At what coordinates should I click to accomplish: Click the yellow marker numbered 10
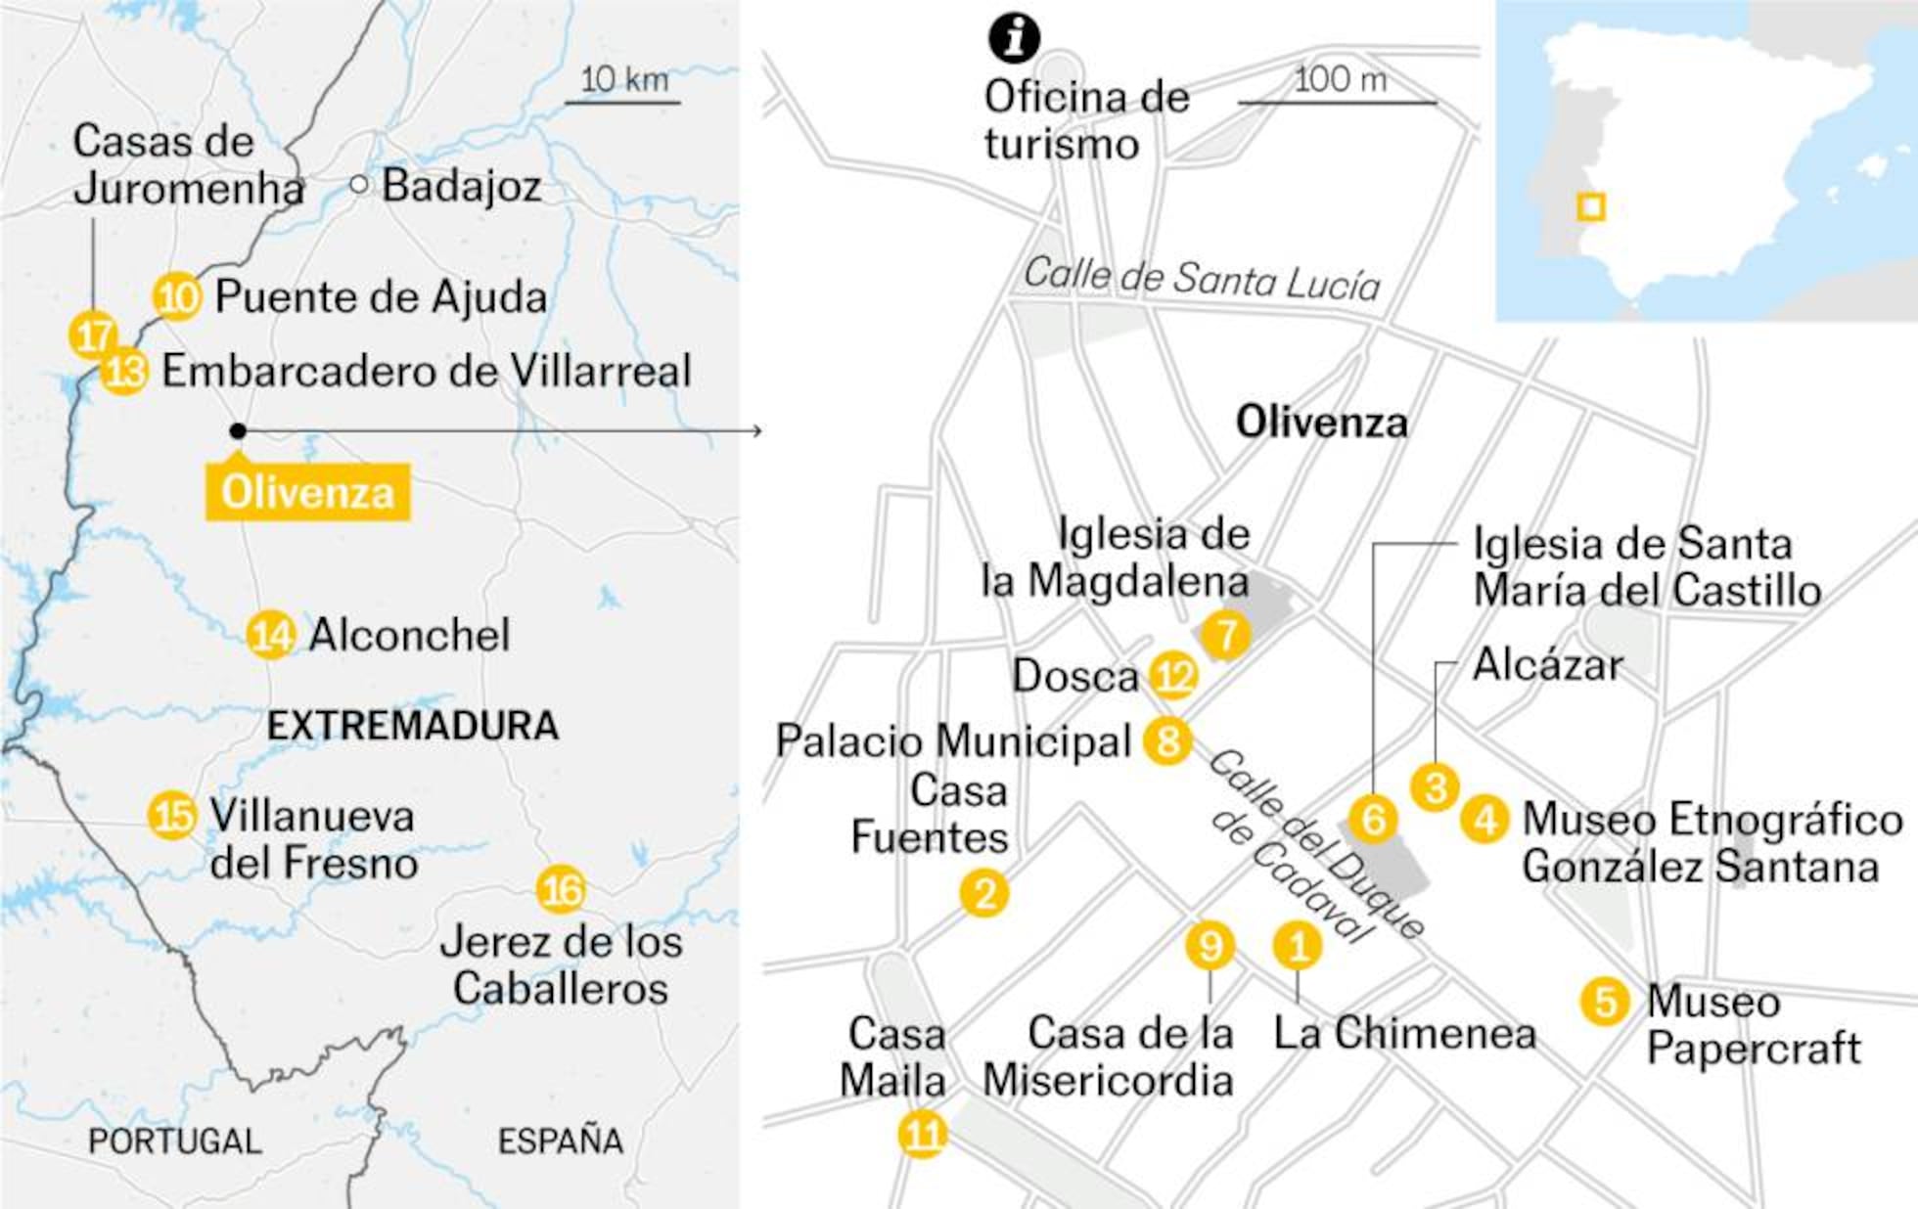[x=177, y=296]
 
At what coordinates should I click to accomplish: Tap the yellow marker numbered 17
[x=93, y=336]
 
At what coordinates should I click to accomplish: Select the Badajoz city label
[x=461, y=186]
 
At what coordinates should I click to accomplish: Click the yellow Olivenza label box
[x=307, y=491]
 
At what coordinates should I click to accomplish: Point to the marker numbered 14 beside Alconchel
[x=271, y=635]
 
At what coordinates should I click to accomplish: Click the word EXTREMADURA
[x=413, y=726]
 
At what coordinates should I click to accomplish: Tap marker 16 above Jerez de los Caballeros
[x=561, y=890]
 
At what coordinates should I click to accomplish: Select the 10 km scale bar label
[x=624, y=80]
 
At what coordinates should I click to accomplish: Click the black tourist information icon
[x=1014, y=37]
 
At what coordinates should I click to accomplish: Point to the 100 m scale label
[x=1340, y=80]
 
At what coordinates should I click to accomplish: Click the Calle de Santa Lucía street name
[x=1202, y=280]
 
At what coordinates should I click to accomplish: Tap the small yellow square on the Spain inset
[x=1591, y=207]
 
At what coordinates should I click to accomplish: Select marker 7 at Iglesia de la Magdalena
[x=1226, y=635]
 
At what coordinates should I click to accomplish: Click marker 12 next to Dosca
[x=1173, y=676]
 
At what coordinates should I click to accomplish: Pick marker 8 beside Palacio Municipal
[x=1167, y=740]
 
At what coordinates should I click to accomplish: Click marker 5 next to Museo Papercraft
[x=1605, y=1001]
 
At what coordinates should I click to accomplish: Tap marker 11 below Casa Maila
[x=923, y=1135]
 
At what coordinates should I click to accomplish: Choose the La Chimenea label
[x=1404, y=1034]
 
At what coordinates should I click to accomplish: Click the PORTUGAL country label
[x=175, y=1141]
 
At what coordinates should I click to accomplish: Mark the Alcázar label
[x=1547, y=666]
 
